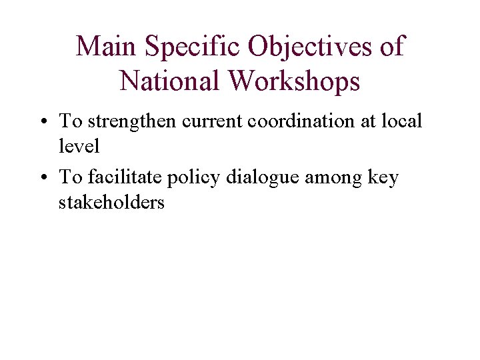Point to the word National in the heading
click(x=170, y=81)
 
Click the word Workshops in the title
click(x=293, y=81)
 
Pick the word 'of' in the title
click(x=391, y=47)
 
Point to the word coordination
click(x=293, y=121)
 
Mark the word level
click(x=79, y=145)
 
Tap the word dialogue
click(x=263, y=178)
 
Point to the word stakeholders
click(x=111, y=202)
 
